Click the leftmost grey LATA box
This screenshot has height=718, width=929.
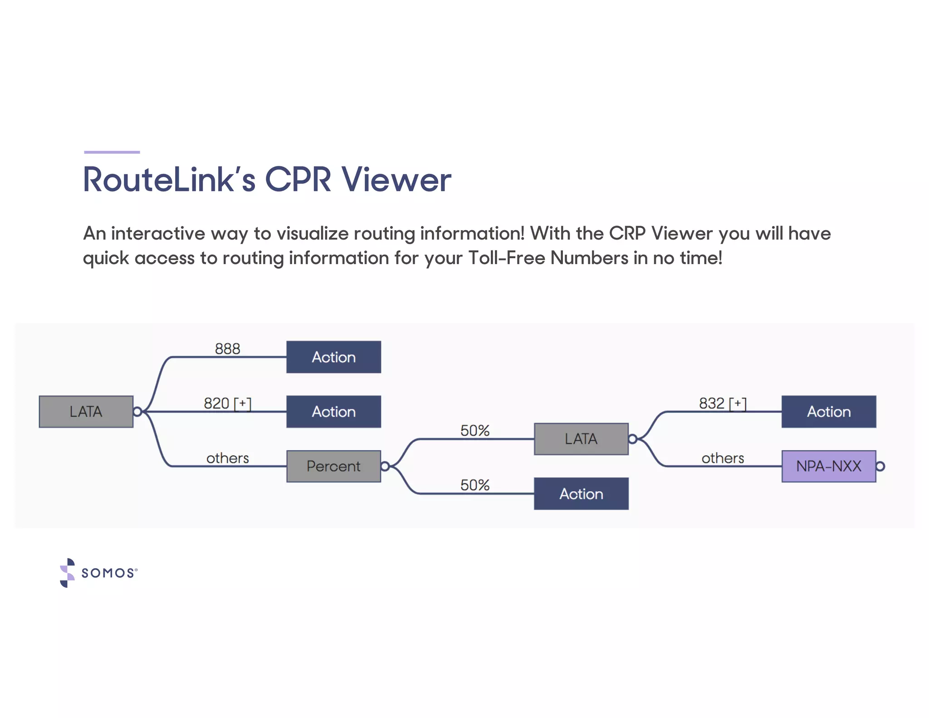tap(86, 412)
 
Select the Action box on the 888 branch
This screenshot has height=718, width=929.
tap(333, 357)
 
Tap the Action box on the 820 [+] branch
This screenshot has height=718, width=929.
tap(333, 412)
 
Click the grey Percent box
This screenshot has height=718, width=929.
tap(333, 466)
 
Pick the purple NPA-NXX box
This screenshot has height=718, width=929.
tap(828, 466)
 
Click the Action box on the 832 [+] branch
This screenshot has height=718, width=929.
tap(828, 412)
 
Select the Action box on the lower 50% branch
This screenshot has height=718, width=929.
tap(581, 493)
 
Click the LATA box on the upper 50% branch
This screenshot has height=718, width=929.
tap(581, 439)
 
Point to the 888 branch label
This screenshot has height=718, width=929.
tap(227, 349)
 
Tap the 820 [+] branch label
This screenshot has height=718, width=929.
tap(227, 403)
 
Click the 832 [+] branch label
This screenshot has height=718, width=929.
tap(722, 403)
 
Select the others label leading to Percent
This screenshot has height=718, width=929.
tap(227, 458)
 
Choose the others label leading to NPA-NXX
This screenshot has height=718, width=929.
tap(723, 458)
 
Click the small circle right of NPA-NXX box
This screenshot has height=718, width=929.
tap(880, 466)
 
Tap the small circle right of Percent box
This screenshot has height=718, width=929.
tap(385, 466)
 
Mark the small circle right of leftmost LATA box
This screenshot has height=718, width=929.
tap(137, 412)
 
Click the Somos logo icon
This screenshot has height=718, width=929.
tap(68, 573)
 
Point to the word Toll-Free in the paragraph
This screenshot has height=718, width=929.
tap(507, 258)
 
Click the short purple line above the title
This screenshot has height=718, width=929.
tap(112, 152)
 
